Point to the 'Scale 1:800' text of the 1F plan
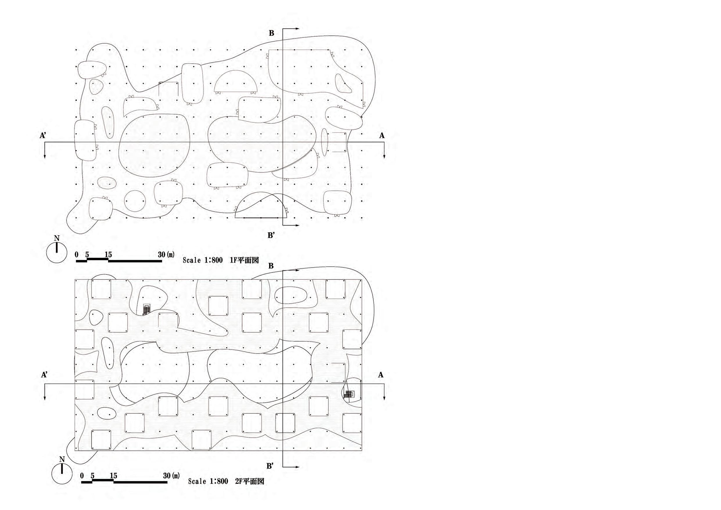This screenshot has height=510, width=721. click(203, 260)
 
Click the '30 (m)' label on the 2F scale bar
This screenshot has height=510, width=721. click(171, 475)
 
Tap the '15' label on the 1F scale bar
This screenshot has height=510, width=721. click(108, 254)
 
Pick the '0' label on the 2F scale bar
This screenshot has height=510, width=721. click(82, 475)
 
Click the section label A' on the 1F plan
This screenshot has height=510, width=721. click(43, 135)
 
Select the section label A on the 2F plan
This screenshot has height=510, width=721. click(381, 375)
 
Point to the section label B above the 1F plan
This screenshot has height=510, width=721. click(271, 33)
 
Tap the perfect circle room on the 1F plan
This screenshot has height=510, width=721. click(135, 201)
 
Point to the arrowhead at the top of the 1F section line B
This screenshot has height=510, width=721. click(297, 28)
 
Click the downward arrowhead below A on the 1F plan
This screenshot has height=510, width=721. click(384, 156)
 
